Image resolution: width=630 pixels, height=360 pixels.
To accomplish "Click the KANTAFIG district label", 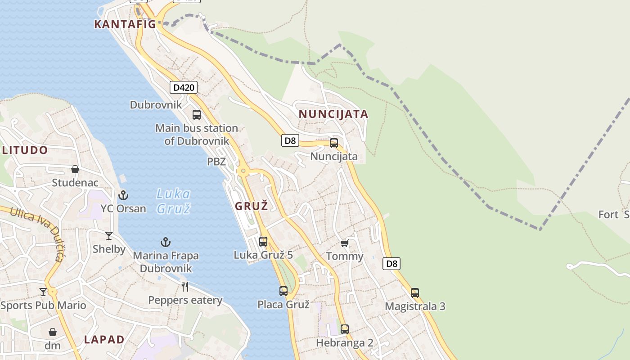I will pyautogui.click(x=125, y=24).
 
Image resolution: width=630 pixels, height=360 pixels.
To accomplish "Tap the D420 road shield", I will pyautogui.click(x=184, y=87).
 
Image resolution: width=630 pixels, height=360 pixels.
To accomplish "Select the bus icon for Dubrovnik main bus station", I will pyautogui.click(x=197, y=114).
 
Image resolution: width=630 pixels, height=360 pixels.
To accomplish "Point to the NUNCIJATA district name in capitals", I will pyautogui.click(x=333, y=114).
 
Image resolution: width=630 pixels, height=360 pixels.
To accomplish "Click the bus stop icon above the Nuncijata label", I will pyautogui.click(x=334, y=143).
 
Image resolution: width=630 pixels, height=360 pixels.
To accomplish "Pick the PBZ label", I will pyautogui.click(x=216, y=162).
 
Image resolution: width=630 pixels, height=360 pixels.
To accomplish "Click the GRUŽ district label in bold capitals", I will pyautogui.click(x=252, y=207).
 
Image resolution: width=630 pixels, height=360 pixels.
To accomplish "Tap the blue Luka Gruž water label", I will pyautogui.click(x=173, y=201).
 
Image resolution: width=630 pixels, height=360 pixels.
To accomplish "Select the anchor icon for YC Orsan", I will pyautogui.click(x=123, y=195).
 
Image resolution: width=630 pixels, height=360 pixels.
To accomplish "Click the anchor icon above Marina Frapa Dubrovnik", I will pyautogui.click(x=166, y=242).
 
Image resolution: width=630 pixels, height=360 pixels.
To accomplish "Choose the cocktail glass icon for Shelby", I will pyautogui.click(x=109, y=235).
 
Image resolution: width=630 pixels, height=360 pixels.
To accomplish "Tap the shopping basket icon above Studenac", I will pyautogui.click(x=75, y=169).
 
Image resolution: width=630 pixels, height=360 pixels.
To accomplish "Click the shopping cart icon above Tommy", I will pyautogui.click(x=344, y=243).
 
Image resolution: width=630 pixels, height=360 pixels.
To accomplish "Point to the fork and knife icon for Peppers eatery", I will pyautogui.click(x=184, y=286).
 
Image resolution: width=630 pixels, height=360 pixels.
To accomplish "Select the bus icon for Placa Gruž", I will pyautogui.click(x=283, y=291).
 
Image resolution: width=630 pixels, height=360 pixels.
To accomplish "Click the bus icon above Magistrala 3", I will pyautogui.click(x=415, y=292).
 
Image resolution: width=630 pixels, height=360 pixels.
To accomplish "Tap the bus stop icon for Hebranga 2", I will pyautogui.click(x=344, y=329).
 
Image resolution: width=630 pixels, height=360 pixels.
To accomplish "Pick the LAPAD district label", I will pyautogui.click(x=104, y=340).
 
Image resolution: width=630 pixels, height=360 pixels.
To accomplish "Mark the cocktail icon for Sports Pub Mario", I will pyautogui.click(x=43, y=292).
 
